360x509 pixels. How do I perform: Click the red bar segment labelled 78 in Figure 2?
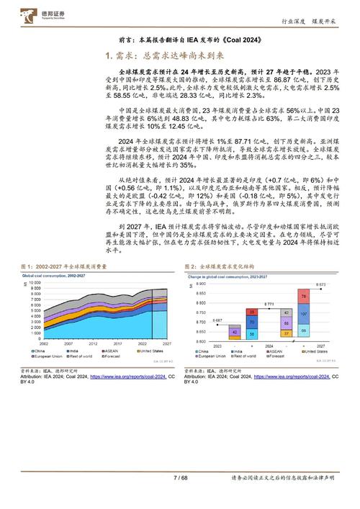click(x=304, y=276)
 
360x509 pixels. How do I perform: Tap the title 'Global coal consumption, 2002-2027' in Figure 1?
click(x=62, y=256)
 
